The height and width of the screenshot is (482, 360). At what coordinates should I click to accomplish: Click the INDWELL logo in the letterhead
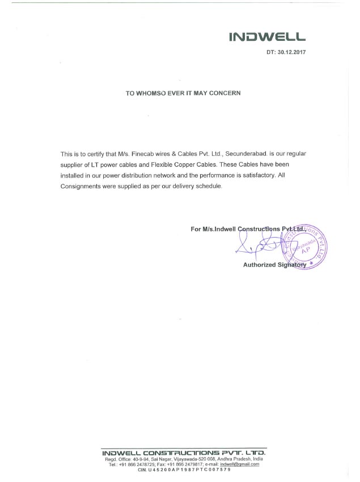click(267, 37)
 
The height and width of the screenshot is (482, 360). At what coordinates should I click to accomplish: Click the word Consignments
click(82, 186)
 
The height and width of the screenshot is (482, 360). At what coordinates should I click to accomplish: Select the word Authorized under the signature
click(259, 265)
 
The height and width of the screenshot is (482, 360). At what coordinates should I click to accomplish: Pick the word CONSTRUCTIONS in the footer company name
click(182, 453)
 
